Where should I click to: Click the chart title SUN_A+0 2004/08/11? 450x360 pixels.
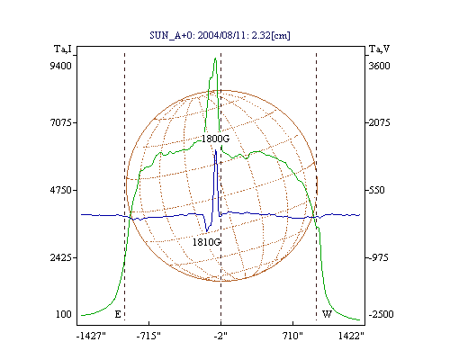click(x=220, y=35)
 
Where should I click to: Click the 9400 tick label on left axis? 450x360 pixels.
click(x=60, y=66)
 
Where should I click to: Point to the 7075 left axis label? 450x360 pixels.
click(x=61, y=122)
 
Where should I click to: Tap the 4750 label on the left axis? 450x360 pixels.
click(x=61, y=190)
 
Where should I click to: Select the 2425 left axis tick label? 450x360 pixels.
click(x=61, y=257)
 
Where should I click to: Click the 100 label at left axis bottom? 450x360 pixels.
click(x=64, y=314)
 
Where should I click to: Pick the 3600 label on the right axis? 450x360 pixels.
click(x=379, y=66)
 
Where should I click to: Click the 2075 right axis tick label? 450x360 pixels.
click(x=379, y=122)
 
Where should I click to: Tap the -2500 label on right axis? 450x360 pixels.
click(x=381, y=314)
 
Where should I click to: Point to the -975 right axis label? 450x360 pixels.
click(x=378, y=257)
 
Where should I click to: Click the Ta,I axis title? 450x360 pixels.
click(x=63, y=49)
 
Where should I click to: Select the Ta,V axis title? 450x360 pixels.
click(x=379, y=49)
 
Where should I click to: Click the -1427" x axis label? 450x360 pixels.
click(x=91, y=336)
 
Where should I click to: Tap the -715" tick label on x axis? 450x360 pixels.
click(x=148, y=336)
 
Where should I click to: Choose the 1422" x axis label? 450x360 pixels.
click(x=351, y=336)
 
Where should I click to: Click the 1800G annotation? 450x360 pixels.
click(x=215, y=139)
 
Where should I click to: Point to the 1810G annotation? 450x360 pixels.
click(x=206, y=242)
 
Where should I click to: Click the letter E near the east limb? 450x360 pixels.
click(x=118, y=314)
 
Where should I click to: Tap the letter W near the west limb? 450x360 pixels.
click(x=327, y=314)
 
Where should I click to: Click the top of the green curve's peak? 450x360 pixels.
click(x=215, y=58)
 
